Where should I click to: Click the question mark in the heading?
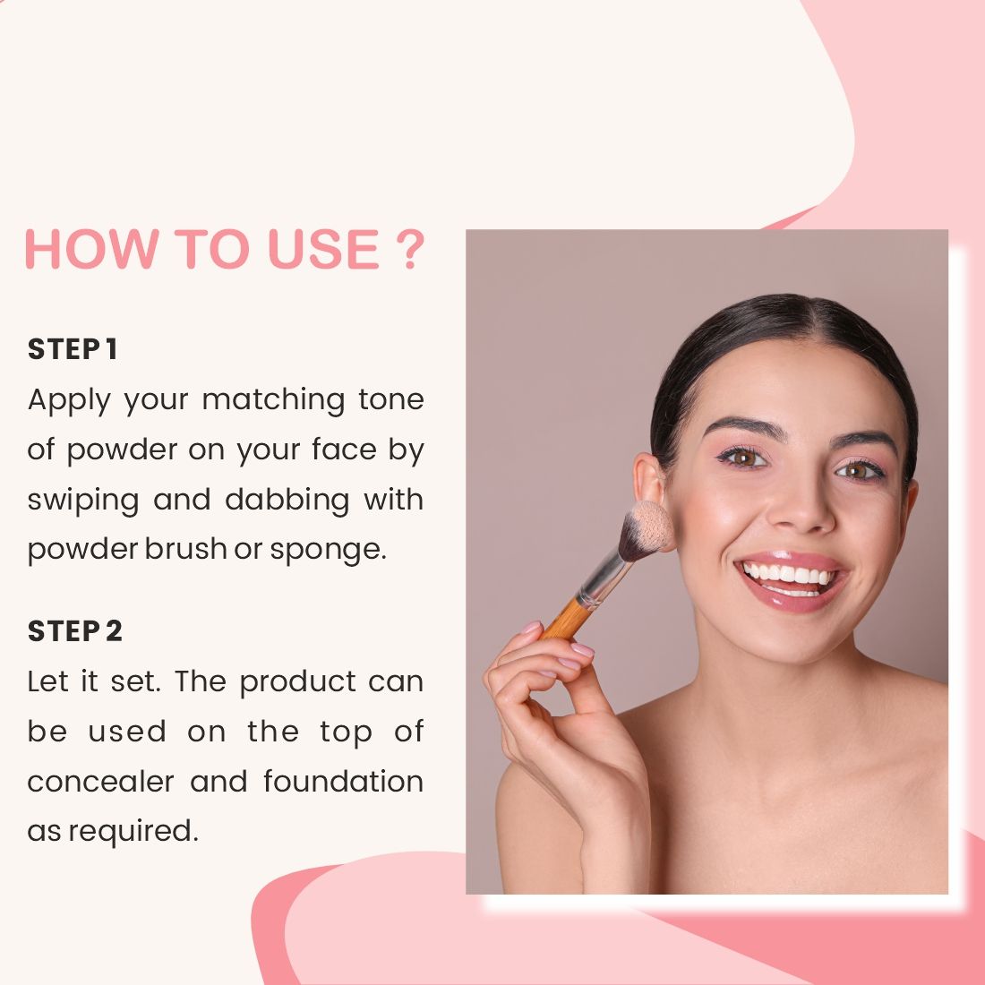click(407, 249)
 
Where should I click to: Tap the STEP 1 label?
click(73, 349)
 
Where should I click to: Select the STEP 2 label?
click(74, 631)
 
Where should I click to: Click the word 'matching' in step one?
click(273, 399)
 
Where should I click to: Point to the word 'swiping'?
click(82, 500)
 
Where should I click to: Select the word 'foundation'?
click(343, 781)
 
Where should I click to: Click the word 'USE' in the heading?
click(322, 249)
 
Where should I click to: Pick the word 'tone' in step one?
click(390, 399)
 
